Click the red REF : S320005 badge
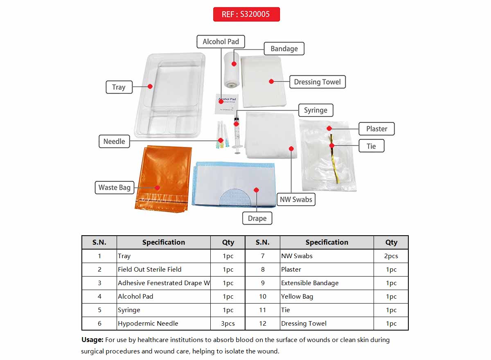246,14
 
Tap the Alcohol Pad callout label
221,42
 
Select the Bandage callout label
284,49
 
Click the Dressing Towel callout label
317,82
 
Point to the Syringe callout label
315,110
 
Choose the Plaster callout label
376,129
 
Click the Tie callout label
371,146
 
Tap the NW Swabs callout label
296,200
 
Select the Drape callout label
257,218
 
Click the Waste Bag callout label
114,187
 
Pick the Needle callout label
114,142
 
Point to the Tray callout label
119,87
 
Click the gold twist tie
335,160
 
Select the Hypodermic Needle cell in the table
148,324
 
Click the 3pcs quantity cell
228,324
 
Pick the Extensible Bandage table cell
310,283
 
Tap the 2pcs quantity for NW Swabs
391,256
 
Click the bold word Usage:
92,340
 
